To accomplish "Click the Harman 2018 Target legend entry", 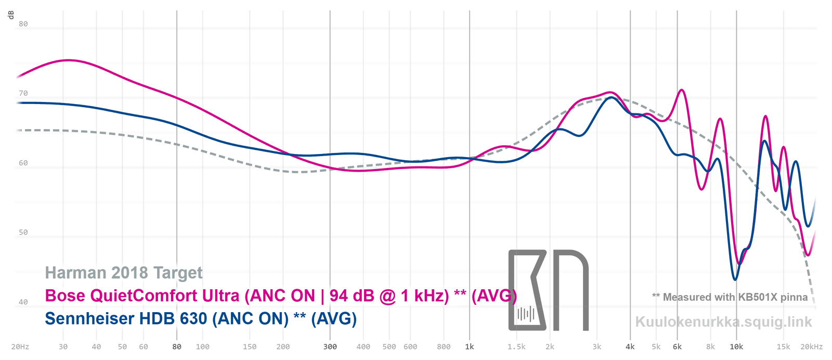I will [124, 273].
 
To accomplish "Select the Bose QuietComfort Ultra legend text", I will [281, 295].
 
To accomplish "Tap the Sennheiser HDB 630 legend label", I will [201, 318].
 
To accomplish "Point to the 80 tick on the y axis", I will [23, 24].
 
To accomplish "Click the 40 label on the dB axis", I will [23, 302].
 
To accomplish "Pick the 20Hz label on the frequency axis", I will [20, 346].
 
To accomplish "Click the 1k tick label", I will [470, 346].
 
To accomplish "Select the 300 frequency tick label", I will [330, 346].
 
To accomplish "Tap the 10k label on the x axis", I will [736, 346].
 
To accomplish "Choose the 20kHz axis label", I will [812, 346].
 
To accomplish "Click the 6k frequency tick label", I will [677, 346].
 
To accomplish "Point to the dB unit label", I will [11, 15].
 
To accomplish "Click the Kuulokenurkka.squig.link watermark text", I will [723, 322].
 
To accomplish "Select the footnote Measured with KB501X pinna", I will [730, 297].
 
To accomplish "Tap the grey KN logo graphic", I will [548, 290].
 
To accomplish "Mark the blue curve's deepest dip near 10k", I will [735, 279].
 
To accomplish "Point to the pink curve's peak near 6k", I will [681, 90].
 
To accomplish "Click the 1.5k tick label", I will [516, 346].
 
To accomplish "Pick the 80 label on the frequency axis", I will [177, 346].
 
